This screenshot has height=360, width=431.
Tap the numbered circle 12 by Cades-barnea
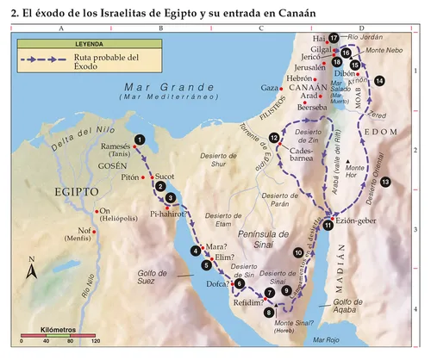point(274,138)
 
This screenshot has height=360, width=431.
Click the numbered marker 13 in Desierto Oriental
point(385,182)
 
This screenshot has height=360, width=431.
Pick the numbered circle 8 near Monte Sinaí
point(270,312)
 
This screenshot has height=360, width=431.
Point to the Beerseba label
point(310,108)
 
